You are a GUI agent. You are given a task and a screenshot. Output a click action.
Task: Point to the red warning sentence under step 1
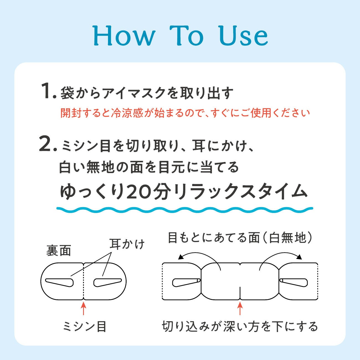tap(185, 113)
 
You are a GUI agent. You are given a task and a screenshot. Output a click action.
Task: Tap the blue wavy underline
tap(185, 210)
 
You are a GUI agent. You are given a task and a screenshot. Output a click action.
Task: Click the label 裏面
tap(59, 250)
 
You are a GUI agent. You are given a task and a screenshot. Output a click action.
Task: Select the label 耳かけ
tap(127, 244)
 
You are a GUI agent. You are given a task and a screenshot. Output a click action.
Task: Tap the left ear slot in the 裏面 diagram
tap(60, 282)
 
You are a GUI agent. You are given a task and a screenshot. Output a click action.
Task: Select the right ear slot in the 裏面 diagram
tap(108, 282)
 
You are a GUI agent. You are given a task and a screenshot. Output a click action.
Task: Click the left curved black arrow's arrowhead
tap(181, 257)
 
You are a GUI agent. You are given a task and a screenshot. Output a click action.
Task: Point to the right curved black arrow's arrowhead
tap(299, 257)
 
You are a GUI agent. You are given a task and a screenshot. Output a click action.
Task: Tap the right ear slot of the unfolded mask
tap(294, 282)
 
